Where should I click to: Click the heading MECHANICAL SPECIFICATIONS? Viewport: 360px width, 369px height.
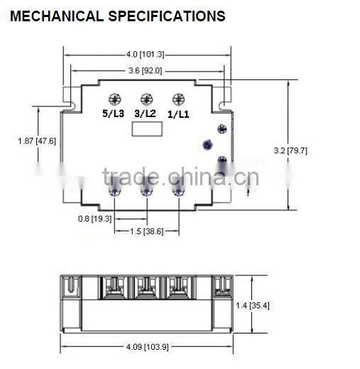(x=118, y=16)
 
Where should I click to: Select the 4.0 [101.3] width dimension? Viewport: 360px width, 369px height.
(x=145, y=54)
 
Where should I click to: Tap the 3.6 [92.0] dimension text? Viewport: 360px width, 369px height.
(x=145, y=70)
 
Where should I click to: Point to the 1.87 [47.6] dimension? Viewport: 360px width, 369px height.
(x=37, y=141)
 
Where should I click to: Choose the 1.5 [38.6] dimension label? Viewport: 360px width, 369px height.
(x=146, y=231)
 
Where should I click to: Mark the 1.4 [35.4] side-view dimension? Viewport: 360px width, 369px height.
(x=252, y=306)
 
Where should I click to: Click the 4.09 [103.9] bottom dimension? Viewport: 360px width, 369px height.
(x=146, y=347)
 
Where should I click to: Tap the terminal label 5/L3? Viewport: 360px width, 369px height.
(x=114, y=112)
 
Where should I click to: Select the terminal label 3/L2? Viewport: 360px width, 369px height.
(x=146, y=112)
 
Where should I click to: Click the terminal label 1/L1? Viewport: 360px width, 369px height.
(x=178, y=112)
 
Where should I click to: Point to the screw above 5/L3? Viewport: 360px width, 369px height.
(x=114, y=99)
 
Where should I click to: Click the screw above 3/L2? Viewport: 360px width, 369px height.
(x=146, y=99)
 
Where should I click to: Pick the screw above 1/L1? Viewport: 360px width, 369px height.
(x=178, y=99)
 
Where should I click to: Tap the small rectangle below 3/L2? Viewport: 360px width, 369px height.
(x=148, y=128)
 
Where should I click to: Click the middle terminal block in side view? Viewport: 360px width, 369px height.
(x=146, y=287)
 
